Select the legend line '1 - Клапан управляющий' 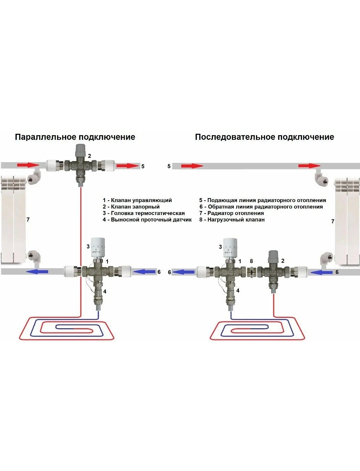[137, 200]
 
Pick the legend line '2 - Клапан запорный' [131, 207]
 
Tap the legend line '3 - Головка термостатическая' [143, 213]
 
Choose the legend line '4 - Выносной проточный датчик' [147, 220]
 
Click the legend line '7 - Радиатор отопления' [232, 213]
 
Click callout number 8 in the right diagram [251, 261]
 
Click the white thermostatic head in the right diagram [230, 246]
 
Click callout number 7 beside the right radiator [333, 221]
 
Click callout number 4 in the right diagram [238, 291]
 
